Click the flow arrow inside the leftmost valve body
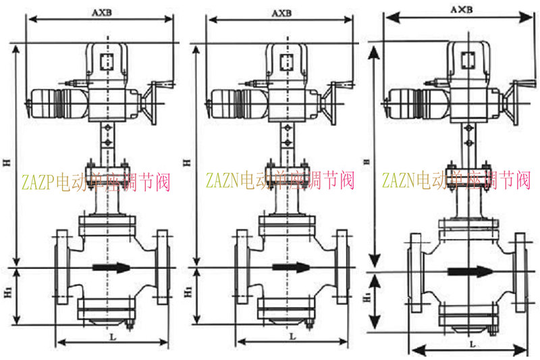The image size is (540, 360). click(x=111, y=268)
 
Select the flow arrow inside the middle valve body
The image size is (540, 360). click(x=290, y=268)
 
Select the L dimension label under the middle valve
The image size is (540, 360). click(x=292, y=336)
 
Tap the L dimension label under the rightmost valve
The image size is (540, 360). click(x=470, y=343)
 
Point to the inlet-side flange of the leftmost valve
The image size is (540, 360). click(x=61, y=268)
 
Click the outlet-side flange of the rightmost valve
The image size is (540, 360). click(x=520, y=272)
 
